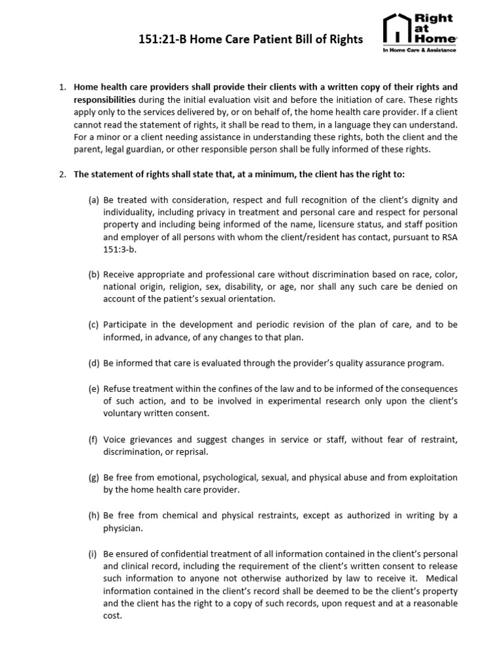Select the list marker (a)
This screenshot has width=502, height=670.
93,200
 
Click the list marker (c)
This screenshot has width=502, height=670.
93,324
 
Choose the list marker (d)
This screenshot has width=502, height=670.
93,362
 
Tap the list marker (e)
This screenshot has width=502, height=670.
93,389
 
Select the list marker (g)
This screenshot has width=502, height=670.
93,478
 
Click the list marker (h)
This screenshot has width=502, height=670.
93,516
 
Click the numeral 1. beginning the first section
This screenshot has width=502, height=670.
63,86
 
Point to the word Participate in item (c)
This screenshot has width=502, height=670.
125,324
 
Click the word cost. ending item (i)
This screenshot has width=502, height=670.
112,616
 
